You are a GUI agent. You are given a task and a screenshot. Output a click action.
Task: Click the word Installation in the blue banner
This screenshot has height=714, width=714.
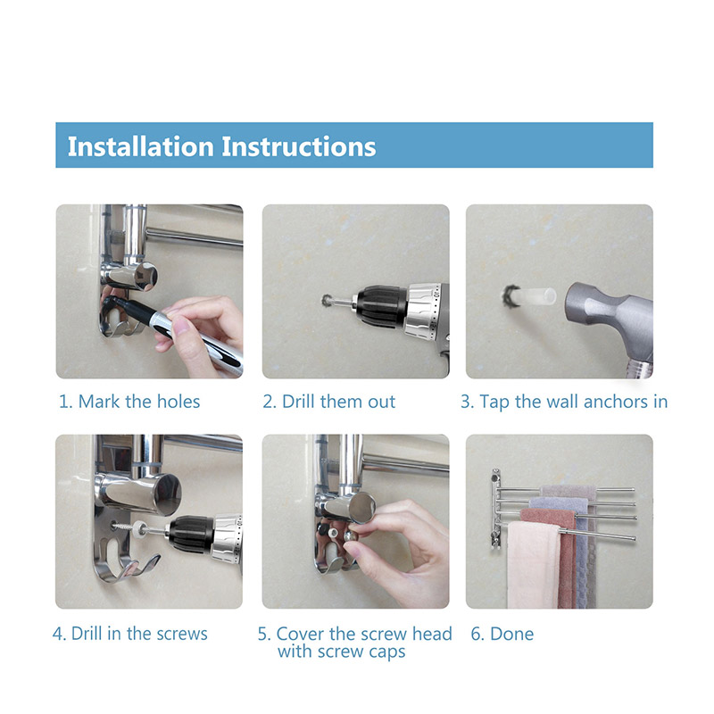(x=141, y=146)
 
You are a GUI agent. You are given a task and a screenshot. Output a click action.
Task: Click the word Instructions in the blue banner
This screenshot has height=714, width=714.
(x=299, y=146)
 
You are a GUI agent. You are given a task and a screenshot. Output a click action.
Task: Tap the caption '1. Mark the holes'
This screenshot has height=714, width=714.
(x=129, y=402)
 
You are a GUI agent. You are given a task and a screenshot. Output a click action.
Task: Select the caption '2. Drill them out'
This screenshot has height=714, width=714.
(x=328, y=402)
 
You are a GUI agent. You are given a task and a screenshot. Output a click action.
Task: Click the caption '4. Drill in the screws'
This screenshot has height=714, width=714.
(x=130, y=634)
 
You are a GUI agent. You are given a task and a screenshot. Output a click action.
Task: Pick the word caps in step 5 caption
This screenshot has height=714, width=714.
(x=387, y=652)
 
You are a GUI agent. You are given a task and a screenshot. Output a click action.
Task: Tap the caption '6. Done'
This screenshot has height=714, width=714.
(x=502, y=634)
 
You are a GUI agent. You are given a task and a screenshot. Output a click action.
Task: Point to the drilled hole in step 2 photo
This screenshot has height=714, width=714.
(x=327, y=301)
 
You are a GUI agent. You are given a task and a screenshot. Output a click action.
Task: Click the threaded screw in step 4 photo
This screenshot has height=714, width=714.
(x=125, y=527)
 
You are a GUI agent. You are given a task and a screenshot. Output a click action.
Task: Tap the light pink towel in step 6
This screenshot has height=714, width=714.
(x=534, y=565)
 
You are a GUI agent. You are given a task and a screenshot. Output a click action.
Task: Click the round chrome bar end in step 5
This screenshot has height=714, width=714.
(x=362, y=507)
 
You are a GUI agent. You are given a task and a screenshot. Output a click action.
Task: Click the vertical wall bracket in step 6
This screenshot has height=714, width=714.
(x=496, y=509)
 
